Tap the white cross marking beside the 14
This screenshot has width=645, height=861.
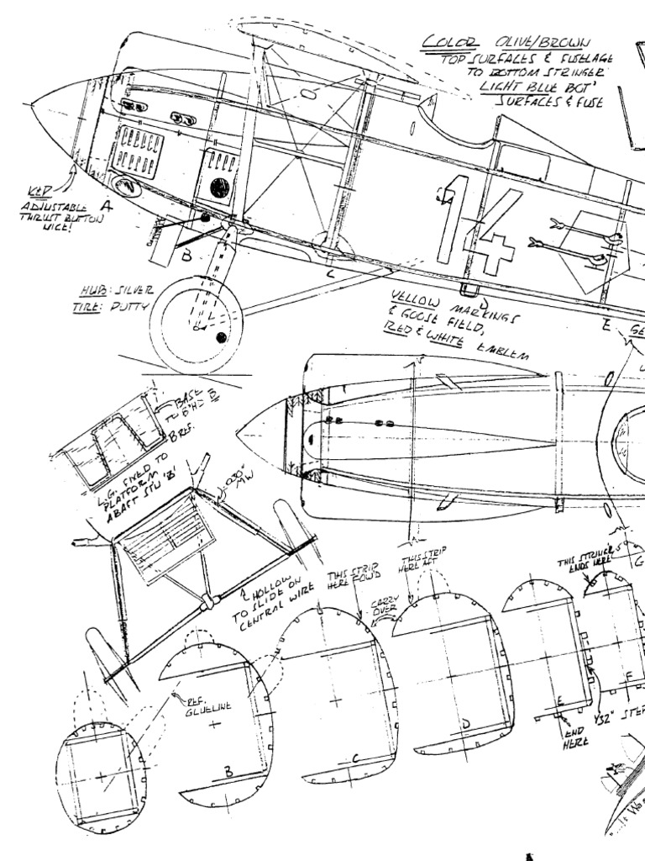point(499,253)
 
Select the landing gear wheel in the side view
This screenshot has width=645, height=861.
point(196,325)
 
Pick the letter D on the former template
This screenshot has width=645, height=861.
point(464,723)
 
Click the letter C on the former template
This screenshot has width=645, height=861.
point(355,759)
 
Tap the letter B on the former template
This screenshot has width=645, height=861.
point(228,769)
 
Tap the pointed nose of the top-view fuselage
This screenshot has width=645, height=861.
point(239,436)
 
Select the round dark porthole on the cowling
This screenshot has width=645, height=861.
point(220,188)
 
